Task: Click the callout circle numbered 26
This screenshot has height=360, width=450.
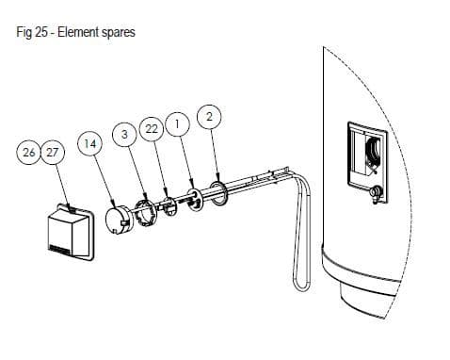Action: [x=28, y=153]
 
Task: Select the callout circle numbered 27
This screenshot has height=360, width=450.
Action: [x=53, y=153]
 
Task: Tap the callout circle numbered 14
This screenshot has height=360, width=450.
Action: [x=90, y=144]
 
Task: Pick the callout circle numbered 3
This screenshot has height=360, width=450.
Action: [x=124, y=135]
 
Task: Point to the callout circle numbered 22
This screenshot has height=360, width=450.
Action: [x=152, y=129]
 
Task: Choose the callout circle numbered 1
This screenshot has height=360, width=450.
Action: [x=178, y=124]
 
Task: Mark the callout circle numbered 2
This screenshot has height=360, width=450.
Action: [x=209, y=117]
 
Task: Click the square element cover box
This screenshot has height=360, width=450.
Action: [x=71, y=232]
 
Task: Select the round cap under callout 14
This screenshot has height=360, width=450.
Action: [x=116, y=220]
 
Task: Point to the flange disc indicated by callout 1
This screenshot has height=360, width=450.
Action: [x=196, y=200]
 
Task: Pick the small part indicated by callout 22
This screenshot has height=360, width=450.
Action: [x=170, y=207]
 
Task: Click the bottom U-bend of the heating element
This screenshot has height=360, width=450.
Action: [x=301, y=285]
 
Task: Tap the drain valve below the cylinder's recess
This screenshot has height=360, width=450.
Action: [x=376, y=193]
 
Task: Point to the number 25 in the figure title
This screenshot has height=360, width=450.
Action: [x=40, y=32]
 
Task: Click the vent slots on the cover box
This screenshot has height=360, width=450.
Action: [x=60, y=250]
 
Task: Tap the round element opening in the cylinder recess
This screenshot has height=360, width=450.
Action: [x=373, y=152]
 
